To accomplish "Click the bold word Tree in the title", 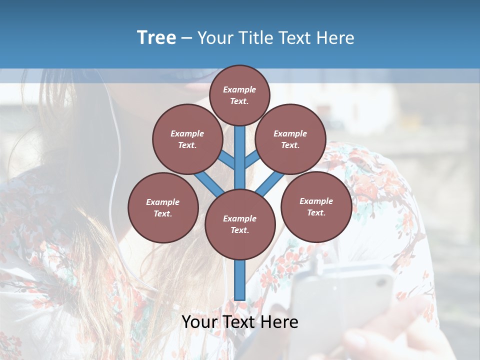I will pyautogui.click(x=156, y=37).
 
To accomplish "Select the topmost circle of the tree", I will pyautogui.click(x=239, y=95).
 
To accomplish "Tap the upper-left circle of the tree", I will pyautogui.click(x=187, y=139).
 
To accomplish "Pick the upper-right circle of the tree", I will pyautogui.click(x=290, y=139).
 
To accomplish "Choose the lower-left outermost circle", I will pyautogui.click(x=163, y=207).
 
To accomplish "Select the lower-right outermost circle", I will pyautogui.click(x=316, y=206).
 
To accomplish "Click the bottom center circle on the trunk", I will pyautogui.click(x=240, y=224).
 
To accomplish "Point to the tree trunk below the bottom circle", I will pyautogui.click(x=240, y=280).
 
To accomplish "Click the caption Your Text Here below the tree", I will pyautogui.click(x=240, y=322).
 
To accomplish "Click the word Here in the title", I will pyautogui.click(x=337, y=38).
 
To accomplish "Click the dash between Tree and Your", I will pyautogui.click(x=187, y=38).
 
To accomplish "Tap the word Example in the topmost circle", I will pyautogui.click(x=239, y=90).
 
